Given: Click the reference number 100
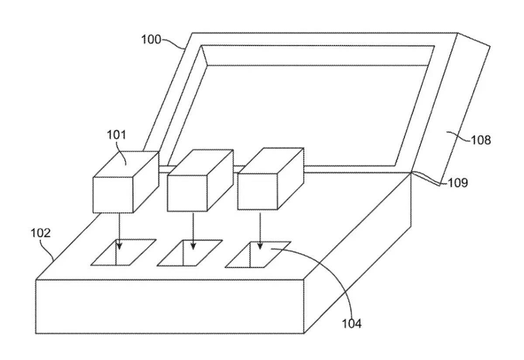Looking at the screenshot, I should point(151,39).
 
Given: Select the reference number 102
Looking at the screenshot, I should point(40,233).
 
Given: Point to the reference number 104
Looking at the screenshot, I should point(352,324).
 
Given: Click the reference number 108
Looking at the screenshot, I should point(481,140).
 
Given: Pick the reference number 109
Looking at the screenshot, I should point(458,183).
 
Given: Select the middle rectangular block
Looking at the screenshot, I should point(188,192).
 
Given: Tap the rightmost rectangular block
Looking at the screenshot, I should point(258,190).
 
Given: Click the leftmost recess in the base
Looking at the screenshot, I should point(124,252).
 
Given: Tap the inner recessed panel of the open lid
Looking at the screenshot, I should point(306,114).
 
